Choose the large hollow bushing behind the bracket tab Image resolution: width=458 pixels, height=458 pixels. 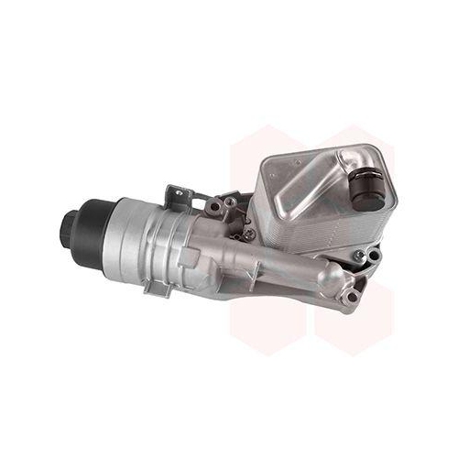pos(213,208)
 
